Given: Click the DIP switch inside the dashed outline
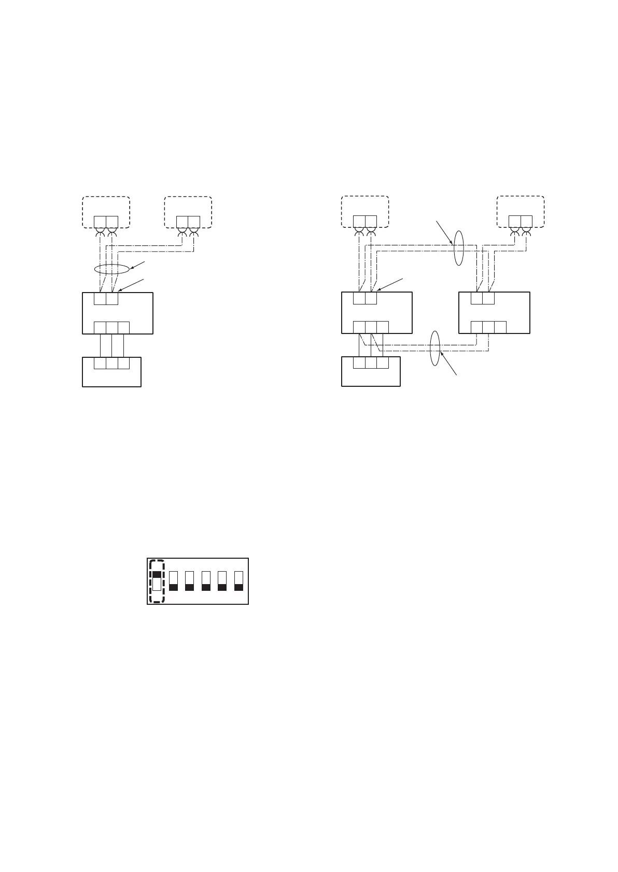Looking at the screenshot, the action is tap(157, 581).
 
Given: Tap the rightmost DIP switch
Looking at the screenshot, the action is tap(238, 581).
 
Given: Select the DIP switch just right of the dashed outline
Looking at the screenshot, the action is tap(174, 581).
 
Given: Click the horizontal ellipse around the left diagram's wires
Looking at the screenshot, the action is tap(111, 269).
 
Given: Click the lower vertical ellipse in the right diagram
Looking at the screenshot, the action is tap(435, 348).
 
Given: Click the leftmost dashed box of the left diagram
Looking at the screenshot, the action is tap(106, 211).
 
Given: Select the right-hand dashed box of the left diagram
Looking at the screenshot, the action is tap(188, 211).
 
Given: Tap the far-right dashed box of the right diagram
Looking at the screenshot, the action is tap(521, 211).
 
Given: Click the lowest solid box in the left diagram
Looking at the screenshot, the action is tap(111, 372).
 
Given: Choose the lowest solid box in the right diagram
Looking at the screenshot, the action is tap(371, 372).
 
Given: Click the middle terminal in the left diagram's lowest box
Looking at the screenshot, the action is tap(111, 364).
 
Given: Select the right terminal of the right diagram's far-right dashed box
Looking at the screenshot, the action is tap(526, 222).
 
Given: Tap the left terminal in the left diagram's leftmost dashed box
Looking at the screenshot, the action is tap(100, 222).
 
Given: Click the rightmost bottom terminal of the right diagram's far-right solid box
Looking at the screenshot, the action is tap(500, 327).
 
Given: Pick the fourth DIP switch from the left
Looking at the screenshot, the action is tap(206, 581).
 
